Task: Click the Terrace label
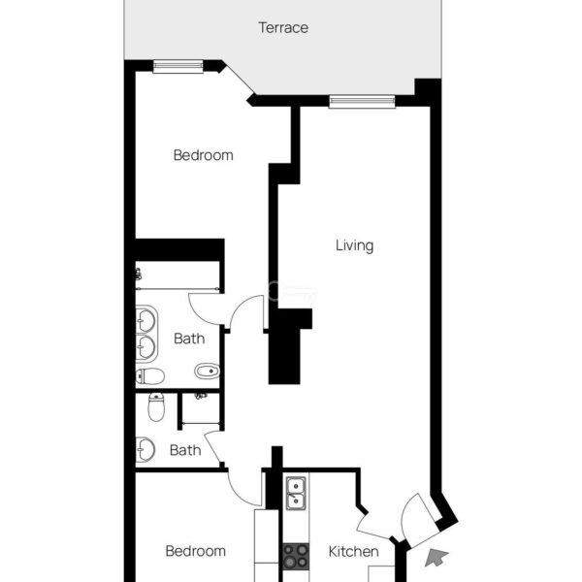click(x=283, y=28)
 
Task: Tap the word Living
click(x=354, y=245)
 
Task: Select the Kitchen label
click(x=354, y=552)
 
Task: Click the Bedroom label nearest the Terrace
click(x=204, y=155)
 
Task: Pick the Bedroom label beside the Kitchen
click(x=196, y=551)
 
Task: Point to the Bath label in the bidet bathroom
click(x=189, y=339)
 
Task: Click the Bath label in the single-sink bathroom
click(x=185, y=450)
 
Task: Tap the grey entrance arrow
click(x=436, y=558)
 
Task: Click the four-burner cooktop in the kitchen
click(x=296, y=557)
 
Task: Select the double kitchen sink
click(x=296, y=494)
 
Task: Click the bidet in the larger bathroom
click(x=208, y=371)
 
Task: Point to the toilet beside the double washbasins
click(x=150, y=376)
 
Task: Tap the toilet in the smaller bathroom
click(x=156, y=407)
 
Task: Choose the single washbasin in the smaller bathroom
click(x=145, y=449)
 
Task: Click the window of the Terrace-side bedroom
click(x=178, y=66)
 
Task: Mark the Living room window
click(x=362, y=101)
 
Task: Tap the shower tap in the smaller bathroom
click(x=201, y=397)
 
